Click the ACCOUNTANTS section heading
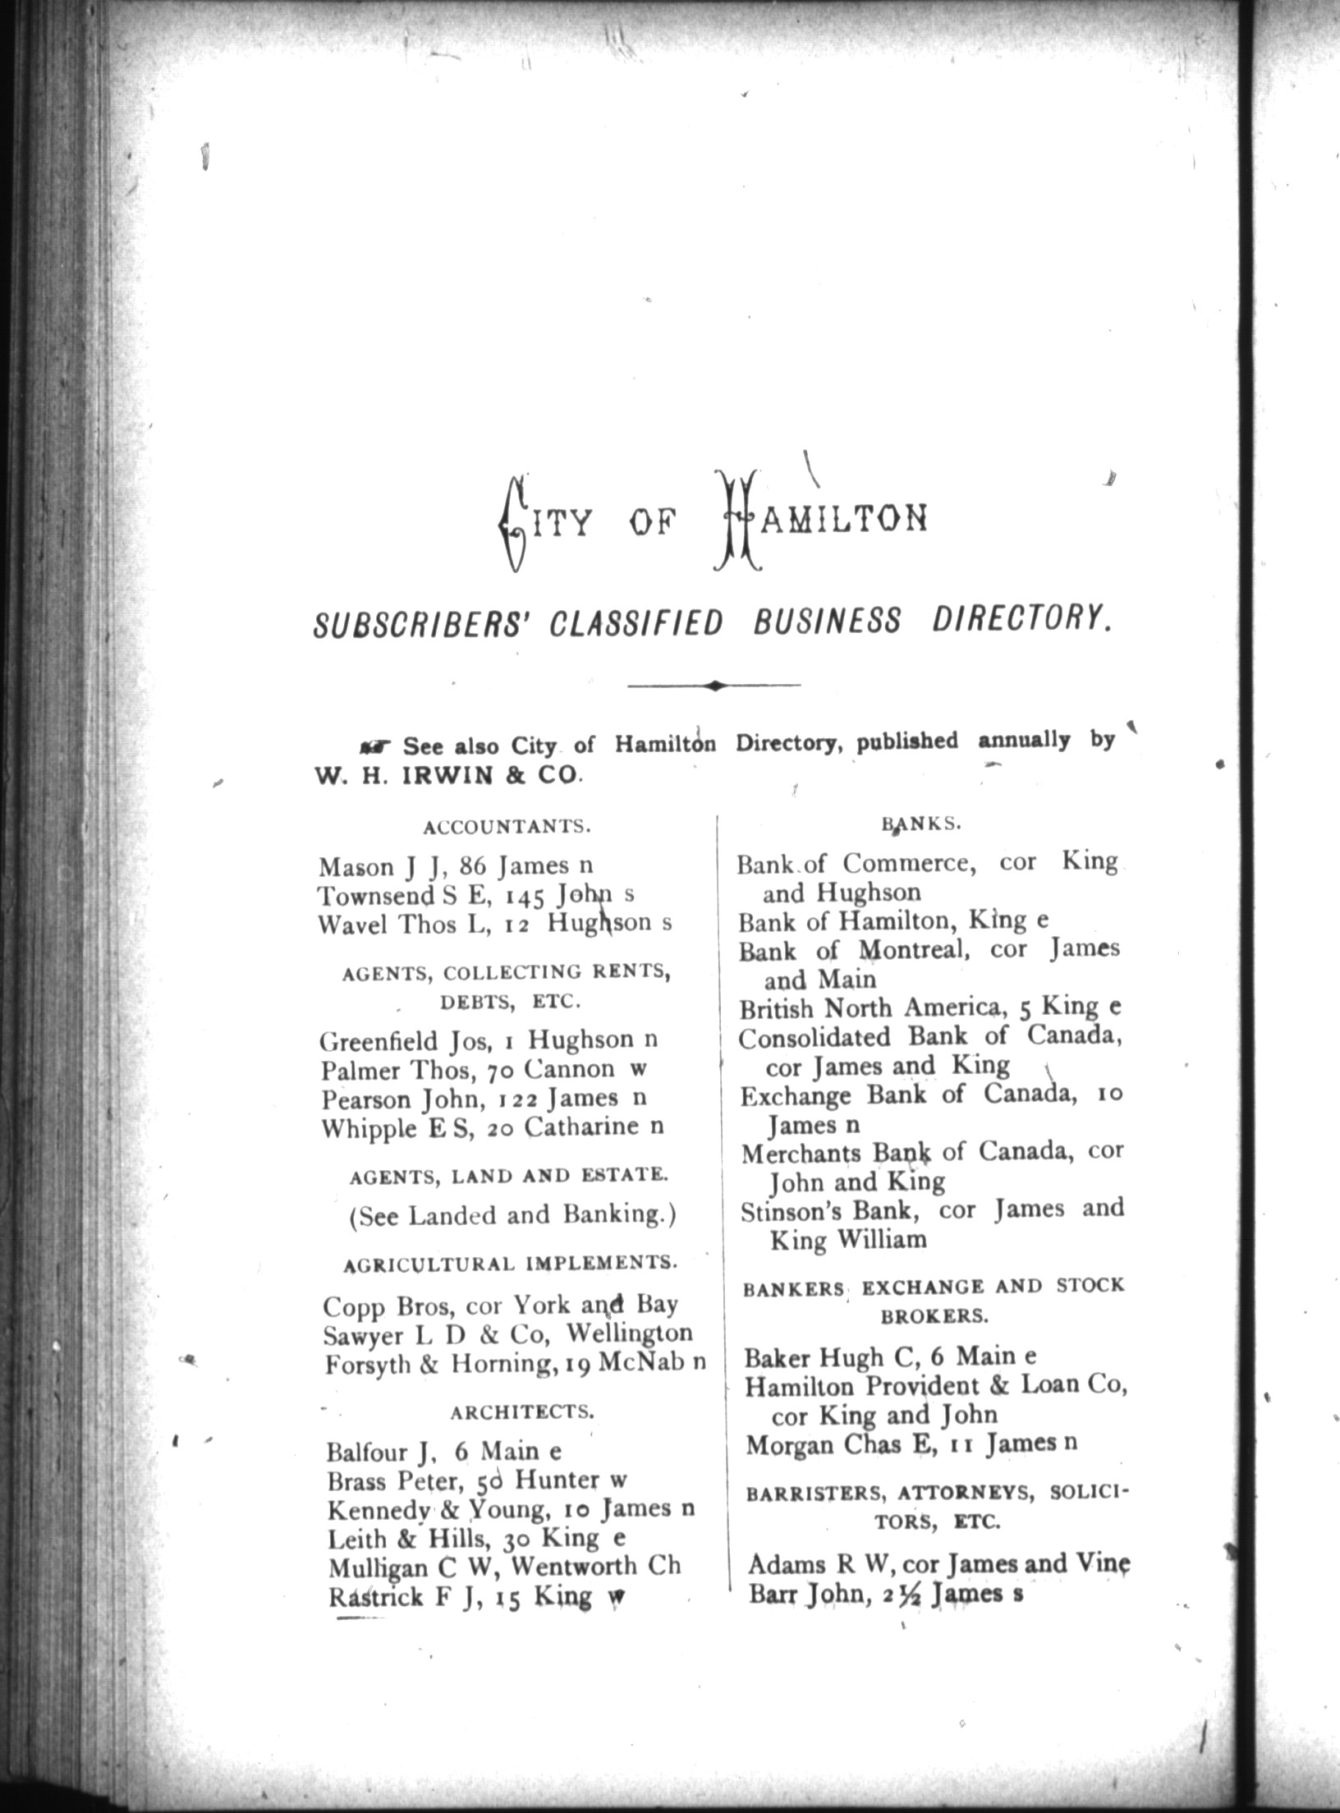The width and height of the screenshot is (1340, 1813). [x=507, y=827]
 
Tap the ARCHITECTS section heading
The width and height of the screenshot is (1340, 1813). [x=521, y=1412]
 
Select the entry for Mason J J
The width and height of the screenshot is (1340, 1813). [x=456, y=866]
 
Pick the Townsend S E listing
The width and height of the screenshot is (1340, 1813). [x=475, y=895]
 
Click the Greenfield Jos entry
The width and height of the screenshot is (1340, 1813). [x=489, y=1041]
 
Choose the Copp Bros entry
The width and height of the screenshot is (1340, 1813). [x=500, y=1306]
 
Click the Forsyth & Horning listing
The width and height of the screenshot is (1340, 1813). [x=515, y=1365]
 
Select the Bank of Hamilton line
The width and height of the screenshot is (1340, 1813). [x=893, y=922]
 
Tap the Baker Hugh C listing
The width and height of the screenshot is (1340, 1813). [x=891, y=1358]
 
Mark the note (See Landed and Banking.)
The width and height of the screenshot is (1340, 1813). [x=513, y=1216]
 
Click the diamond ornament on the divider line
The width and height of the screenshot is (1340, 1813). [x=714, y=685]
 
